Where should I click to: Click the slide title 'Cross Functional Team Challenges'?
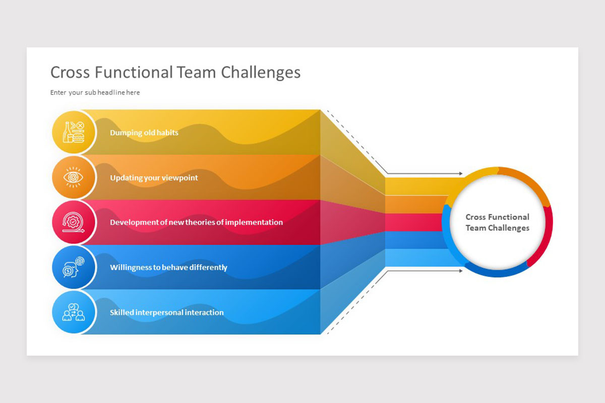click(x=175, y=73)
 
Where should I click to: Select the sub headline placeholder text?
click(x=95, y=93)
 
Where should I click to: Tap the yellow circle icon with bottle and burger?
click(x=74, y=132)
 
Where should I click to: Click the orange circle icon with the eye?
click(x=74, y=177)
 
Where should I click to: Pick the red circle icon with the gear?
click(x=74, y=222)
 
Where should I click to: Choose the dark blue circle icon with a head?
click(x=74, y=267)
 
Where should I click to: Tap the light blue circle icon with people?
click(x=74, y=312)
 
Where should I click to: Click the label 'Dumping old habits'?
click(x=144, y=133)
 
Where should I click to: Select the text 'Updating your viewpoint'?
click(x=154, y=178)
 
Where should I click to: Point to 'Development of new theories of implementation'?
click(x=196, y=222)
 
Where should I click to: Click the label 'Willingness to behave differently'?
click(x=168, y=267)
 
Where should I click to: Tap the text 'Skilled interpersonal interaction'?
click(x=167, y=312)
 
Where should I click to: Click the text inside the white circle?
click(x=497, y=222)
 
